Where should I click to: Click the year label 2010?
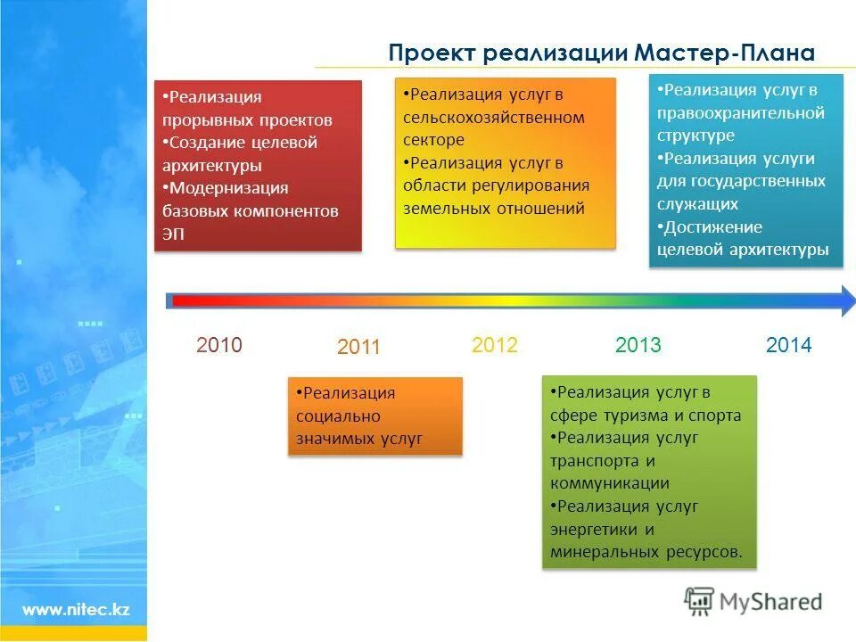click(x=219, y=345)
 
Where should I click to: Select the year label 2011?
click(x=358, y=348)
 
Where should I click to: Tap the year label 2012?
click(x=495, y=345)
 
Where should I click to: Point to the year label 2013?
click(x=638, y=345)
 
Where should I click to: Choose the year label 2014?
click(x=789, y=345)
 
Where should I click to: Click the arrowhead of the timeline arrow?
click(x=842, y=301)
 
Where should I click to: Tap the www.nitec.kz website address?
click(x=76, y=610)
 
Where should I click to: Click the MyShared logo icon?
click(x=700, y=602)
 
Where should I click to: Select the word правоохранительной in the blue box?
click(x=741, y=113)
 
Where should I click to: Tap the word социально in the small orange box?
click(x=338, y=416)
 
